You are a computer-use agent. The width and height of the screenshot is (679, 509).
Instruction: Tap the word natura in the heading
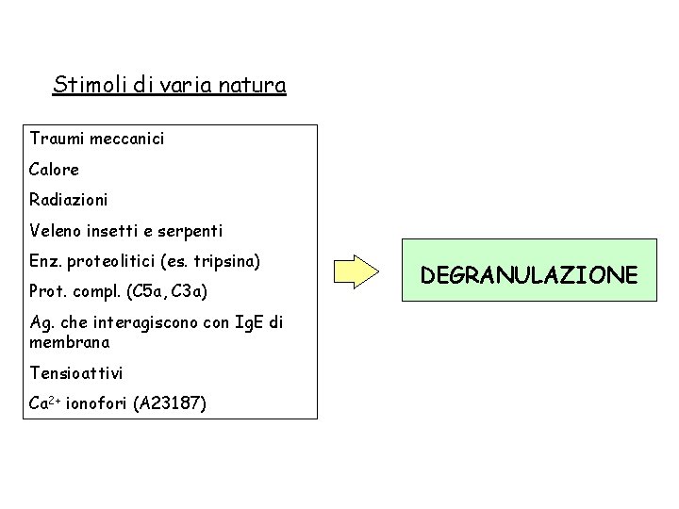(252, 87)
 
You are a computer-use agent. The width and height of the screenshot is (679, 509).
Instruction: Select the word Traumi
(55, 140)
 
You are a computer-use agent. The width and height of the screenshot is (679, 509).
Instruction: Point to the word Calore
(55, 170)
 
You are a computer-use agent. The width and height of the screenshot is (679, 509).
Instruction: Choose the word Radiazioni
(69, 200)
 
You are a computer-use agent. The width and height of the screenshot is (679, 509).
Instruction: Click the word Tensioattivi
(76, 373)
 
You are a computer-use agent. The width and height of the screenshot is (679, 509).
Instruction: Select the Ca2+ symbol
(45, 403)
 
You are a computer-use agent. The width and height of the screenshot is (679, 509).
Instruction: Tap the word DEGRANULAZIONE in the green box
(529, 275)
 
